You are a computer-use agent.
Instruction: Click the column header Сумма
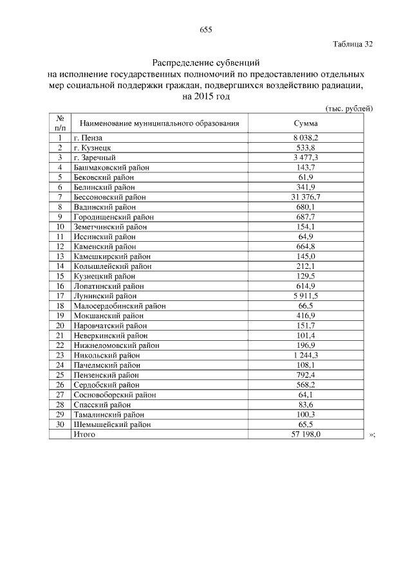point(306,123)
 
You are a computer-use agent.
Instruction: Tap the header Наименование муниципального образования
point(159,123)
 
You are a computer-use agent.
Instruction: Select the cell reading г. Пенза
point(88,138)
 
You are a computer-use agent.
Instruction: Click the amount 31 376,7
point(306,197)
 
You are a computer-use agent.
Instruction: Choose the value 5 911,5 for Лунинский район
point(306,296)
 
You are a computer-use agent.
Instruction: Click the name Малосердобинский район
point(119,306)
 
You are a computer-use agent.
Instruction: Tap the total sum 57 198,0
point(306,435)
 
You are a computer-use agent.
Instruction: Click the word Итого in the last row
point(84,435)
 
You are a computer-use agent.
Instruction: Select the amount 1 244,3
point(306,355)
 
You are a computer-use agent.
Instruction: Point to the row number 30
point(59,424)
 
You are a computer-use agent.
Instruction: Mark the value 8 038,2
point(306,138)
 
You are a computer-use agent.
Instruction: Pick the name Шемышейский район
point(112,424)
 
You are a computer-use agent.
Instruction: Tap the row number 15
point(59,276)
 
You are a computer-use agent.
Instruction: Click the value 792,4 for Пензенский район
point(306,375)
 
